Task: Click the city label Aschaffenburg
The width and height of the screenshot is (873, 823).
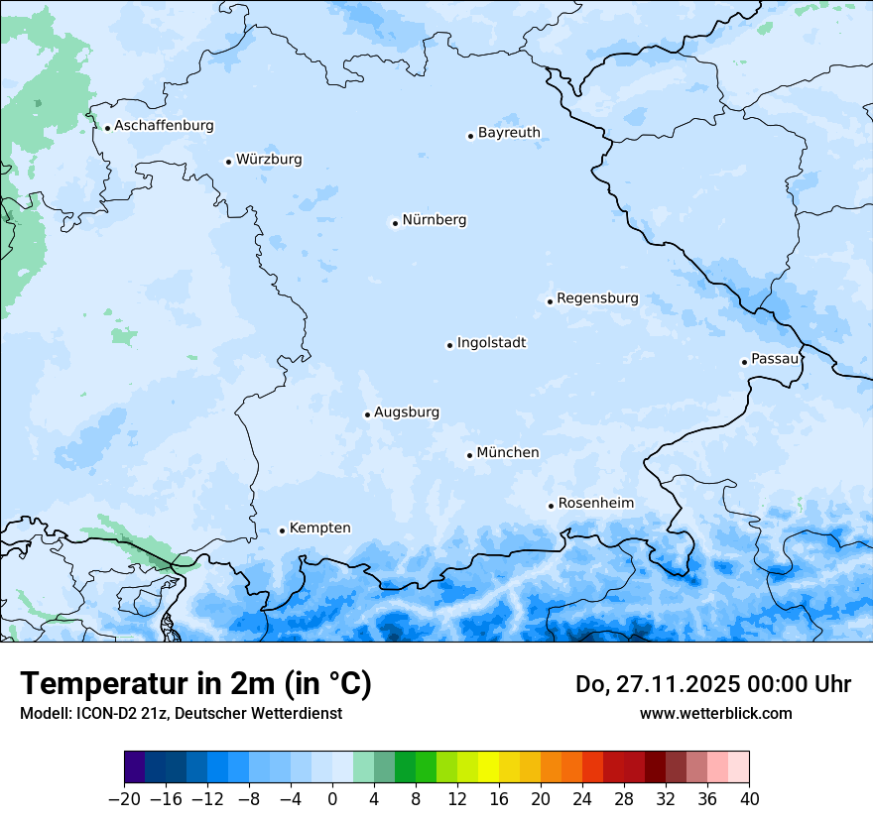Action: click(164, 126)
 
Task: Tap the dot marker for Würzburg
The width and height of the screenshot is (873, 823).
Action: click(228, 162)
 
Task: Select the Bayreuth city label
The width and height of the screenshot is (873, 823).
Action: click(509, 133)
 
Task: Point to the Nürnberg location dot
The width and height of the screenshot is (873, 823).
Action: click(395, 223)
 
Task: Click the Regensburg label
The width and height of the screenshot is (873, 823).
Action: click(597, 298)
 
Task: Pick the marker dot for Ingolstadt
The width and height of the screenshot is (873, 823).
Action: click(449, 345)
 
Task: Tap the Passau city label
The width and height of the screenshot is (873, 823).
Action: click(774, 359)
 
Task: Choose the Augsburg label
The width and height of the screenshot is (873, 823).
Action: click(407, 412)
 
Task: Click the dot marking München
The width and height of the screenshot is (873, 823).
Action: click(469, 455)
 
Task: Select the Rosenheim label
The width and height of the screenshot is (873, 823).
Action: click(595, 504)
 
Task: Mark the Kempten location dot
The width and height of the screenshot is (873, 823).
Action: click(282, 530)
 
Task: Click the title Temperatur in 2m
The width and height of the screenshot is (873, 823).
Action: click(195, 684)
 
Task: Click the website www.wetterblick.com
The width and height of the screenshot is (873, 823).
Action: click(715, 713)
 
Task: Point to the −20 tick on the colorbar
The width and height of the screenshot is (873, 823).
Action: click(125, 799)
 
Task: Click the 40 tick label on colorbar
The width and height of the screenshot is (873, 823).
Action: click(749, 799)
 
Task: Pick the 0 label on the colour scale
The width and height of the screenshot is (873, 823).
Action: click(332, 799)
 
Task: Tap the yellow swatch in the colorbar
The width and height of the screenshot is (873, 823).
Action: click(488, 767)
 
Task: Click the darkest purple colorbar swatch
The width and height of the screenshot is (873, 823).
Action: click(135, 767)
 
